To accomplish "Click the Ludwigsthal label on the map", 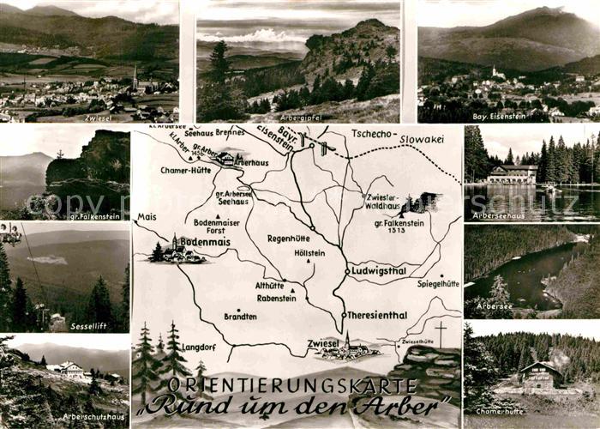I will pos(378,270).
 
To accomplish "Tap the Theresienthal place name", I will pos(376,315).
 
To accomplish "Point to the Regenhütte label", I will pos(289,239).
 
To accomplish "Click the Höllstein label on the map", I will pos(309,253).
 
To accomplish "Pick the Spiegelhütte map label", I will pos(438,283).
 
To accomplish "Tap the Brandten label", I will pos(240,317).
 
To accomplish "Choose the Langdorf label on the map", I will pos(199,347).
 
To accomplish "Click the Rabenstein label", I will pos(276,299).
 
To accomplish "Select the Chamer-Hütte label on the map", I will pos(186,170).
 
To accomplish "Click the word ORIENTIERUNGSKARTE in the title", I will pos(295,384).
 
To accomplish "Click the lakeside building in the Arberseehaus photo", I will pos(512,174).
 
